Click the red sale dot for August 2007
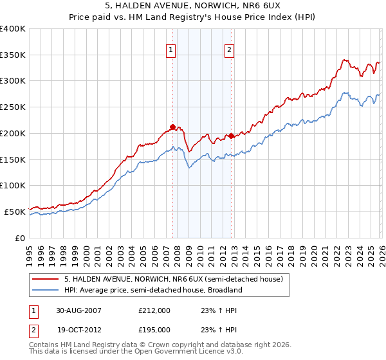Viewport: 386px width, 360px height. (172, 127)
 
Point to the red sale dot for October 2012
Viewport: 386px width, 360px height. (231, 136)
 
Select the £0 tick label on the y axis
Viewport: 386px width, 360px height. (19, 238)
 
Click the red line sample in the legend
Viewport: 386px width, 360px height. (46, 280)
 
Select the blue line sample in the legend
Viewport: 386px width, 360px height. (46, 291)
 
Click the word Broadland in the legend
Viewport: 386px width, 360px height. (223, 291)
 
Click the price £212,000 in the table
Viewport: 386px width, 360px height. (154, 310)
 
